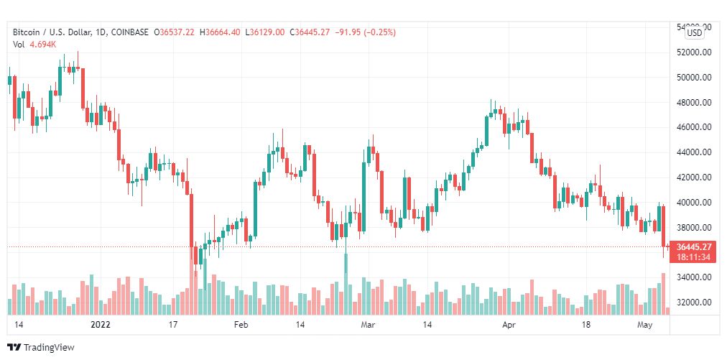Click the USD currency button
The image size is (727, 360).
tap(695, 32)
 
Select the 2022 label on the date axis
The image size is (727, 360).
tap(101, 325)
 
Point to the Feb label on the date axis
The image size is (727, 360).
tap(241, 325)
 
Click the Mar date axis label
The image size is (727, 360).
tap(368, 325)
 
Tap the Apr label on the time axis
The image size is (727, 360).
tap(509, 325)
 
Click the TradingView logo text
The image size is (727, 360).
tap(48, 348)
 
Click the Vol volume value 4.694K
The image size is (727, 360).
tap(43, 45)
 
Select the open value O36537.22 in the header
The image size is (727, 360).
tap(174, 32)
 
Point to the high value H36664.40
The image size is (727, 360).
tap(221, 32)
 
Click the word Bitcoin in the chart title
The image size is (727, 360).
tap(27, 32)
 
